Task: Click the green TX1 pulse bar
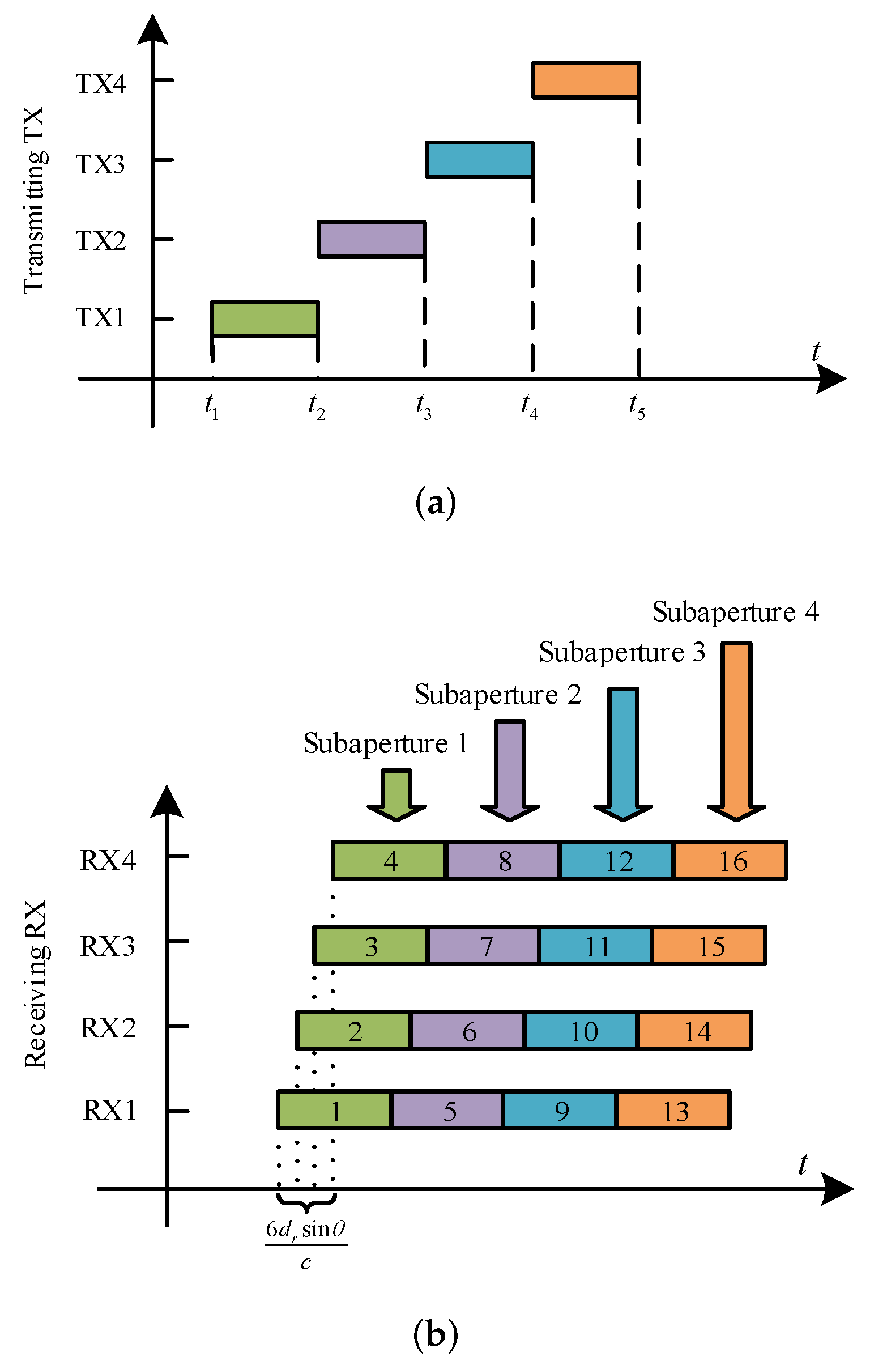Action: click(265, 319)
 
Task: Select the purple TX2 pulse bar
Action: click(371, 239)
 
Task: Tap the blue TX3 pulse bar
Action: click(480, 160)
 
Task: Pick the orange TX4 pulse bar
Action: click(586, 80)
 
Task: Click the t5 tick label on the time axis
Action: click(637, 406)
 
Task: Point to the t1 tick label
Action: click(211, 406)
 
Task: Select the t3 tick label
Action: click(423, 406)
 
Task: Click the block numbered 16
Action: click(731, 861)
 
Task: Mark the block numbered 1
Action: click(334, 1110)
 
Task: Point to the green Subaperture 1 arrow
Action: click(396, 794)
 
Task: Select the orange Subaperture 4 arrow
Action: click(736, 732)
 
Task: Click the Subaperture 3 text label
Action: click(622, 652)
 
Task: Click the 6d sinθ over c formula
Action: click(306, 1245)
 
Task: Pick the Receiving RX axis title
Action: click(35, 984)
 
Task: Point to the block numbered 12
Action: click(617, 861)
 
